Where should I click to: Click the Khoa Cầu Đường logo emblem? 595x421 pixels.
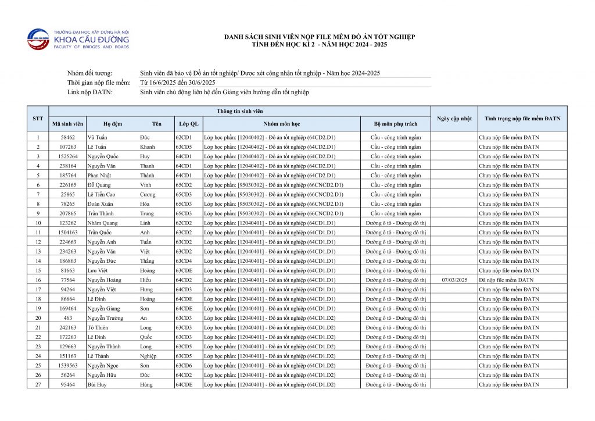tap(38, 40)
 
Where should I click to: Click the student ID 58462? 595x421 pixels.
tap(68, 137)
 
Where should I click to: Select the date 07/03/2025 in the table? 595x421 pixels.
tap(454, 280)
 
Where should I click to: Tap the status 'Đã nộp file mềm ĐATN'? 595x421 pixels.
tap(506, 280)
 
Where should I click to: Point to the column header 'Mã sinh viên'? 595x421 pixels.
tap(68, 124)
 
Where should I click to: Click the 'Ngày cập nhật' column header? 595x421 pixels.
tap(454, 119)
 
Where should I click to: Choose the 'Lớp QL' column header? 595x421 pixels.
tap(188, 124)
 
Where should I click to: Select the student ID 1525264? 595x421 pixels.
tap(68, 156)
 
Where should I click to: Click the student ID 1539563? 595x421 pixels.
tap(68, 365)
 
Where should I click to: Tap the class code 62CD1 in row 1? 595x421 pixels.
tap(183, 137)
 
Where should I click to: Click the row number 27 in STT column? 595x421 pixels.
tap(38, 384)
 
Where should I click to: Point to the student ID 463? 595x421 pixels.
tap(68, 318)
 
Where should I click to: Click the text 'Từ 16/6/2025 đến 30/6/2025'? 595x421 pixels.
tap(174, 83)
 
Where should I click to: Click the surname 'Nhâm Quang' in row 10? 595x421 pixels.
tap(102, 223)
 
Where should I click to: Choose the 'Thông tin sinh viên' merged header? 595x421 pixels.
tap(239, 110)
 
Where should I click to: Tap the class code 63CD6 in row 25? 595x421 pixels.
tap(184, 365)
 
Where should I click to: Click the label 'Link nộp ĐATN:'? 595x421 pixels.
tap(90, 92)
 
